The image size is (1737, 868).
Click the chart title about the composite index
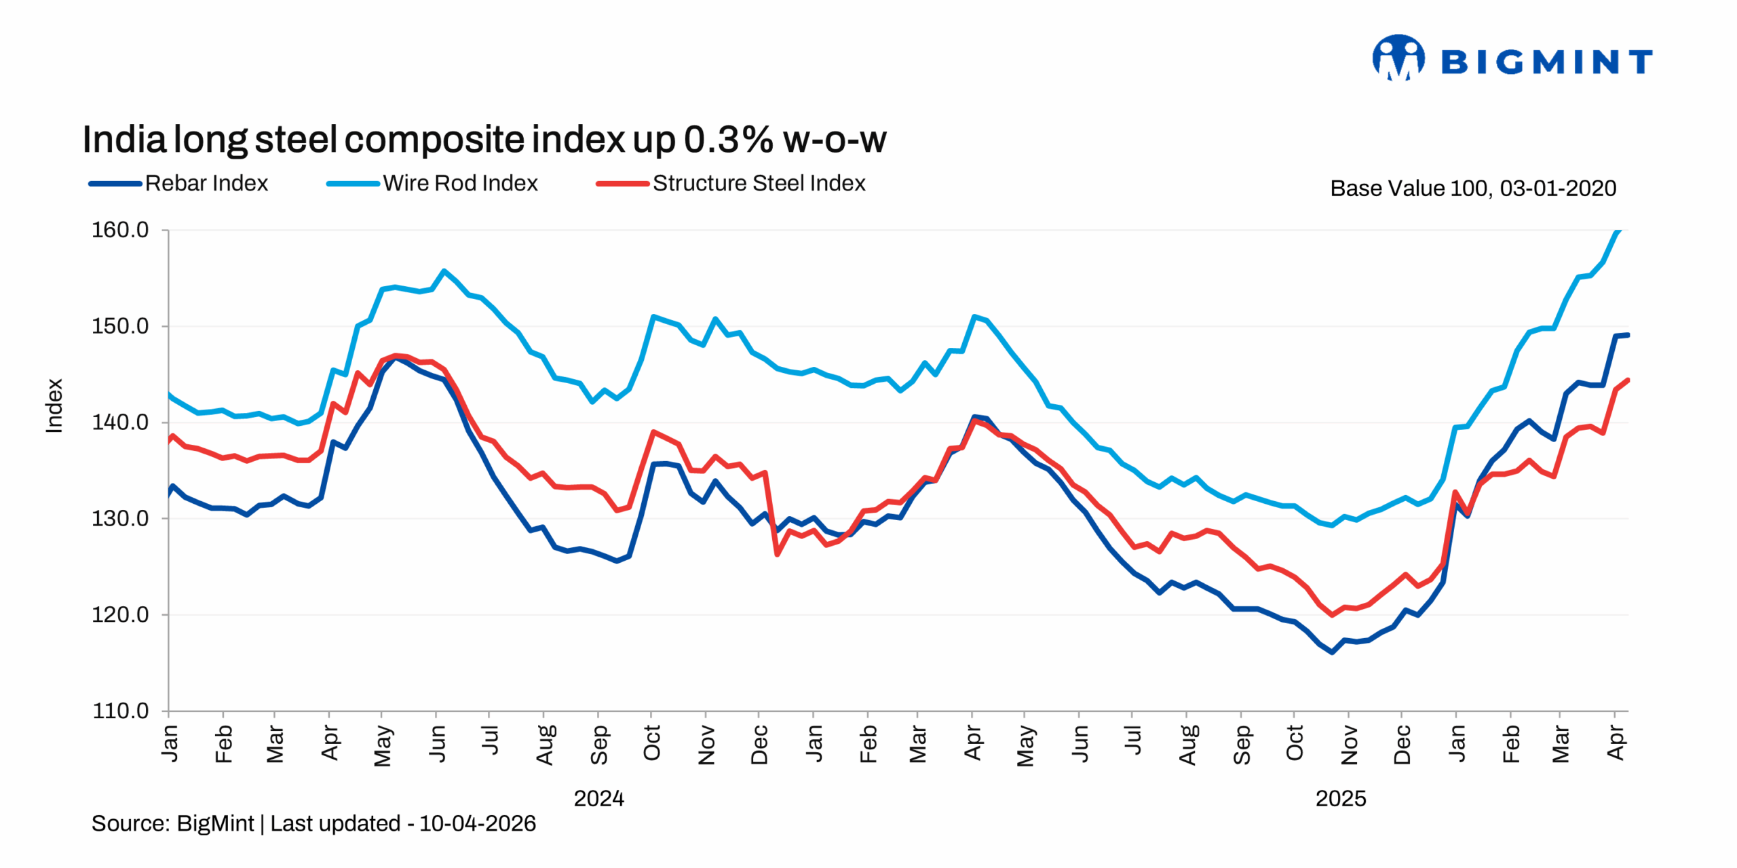[x=483, y=140]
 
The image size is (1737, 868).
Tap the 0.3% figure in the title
[x=728, y=140]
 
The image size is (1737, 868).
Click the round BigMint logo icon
[x=1398, y=58]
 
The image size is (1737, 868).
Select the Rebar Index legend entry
[x=179, y=183]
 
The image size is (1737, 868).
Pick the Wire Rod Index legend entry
[x=432, y=183]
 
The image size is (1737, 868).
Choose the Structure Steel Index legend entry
[x=731, y=183]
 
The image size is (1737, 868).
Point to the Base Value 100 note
[x=1472, y=188]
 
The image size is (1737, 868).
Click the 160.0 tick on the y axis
[x=120, y=230]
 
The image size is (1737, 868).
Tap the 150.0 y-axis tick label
[x=120, y=326]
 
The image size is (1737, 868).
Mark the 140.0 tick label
[x=120, y=422]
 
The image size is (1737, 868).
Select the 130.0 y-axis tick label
[x=120, y=519]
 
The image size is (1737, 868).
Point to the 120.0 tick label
[x=120, y=615]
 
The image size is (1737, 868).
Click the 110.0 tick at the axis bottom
[x=120, y=711]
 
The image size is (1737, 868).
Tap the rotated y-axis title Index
[x=54, y=406]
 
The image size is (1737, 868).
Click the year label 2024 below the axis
[x=598, y=798]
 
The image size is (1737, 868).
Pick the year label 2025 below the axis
[x=1340, y=798]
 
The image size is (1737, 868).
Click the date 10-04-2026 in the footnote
[x=477, y=823]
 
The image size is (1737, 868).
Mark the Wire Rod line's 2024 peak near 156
[x=444, y=271]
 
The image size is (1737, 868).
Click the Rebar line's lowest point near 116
[x=1332, y=652]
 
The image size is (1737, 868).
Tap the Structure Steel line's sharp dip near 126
[x=777, y=555]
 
